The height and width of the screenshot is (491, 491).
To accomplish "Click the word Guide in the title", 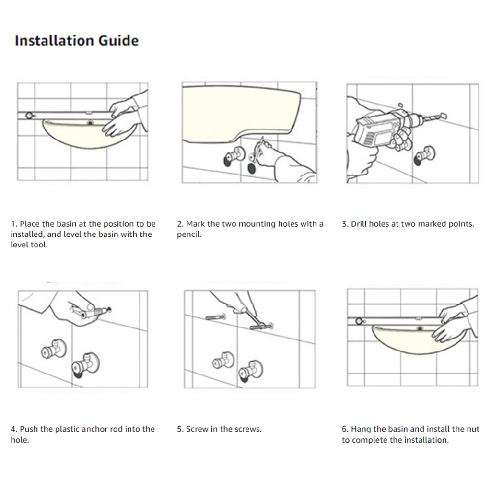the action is coord(119,41).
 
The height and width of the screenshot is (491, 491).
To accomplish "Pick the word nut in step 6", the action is coord(473,429).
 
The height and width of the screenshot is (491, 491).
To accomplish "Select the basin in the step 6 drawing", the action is coord(413,340).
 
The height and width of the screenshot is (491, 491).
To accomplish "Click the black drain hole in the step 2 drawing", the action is coord(252,168).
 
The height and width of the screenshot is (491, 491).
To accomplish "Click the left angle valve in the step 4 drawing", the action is coord(53,349).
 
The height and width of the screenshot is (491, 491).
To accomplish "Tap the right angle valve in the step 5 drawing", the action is coord(250,370).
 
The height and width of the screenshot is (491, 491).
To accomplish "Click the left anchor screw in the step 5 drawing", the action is coord(216,317).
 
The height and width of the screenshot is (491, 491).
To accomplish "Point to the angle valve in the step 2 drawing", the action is coord(234,156).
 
